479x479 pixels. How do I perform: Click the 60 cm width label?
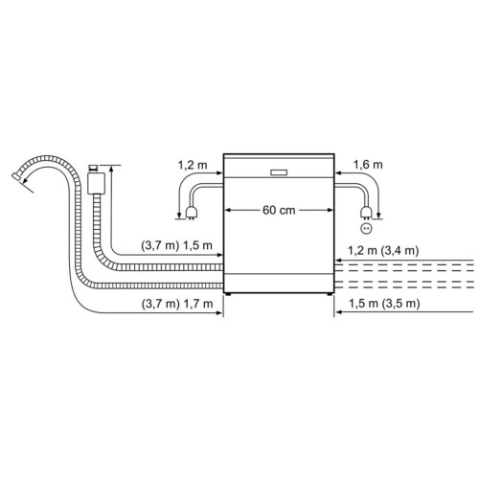coord(279,211)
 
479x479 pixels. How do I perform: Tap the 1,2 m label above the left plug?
coord(193,165)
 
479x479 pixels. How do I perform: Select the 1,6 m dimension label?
coord(368,165)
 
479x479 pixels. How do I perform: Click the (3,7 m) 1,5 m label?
coord(176,245)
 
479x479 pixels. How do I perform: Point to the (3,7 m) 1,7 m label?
coord(177,304)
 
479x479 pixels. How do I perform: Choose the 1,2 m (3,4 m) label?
coord(383,251)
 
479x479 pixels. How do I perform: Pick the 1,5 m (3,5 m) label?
coord(384,304)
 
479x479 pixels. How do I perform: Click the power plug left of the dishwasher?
coord(192,213)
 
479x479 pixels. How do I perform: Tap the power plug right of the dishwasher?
coord(366,213)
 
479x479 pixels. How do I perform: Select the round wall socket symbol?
coord(366,228)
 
